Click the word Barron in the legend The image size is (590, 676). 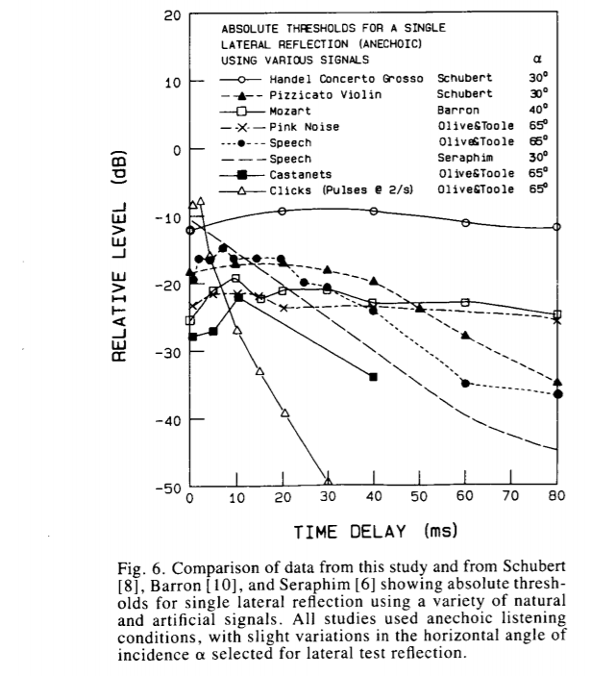click(456, 110)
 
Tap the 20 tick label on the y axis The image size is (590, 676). click(172, 15)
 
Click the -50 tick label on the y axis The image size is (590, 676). click(167, 488)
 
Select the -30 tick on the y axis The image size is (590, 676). click(167, 353)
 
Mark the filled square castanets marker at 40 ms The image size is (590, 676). click(373, 376)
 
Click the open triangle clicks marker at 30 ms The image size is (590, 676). click(328, 482)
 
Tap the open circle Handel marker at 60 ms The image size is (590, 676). click(465, 223)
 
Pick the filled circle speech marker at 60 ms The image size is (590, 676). click(465, 383)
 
